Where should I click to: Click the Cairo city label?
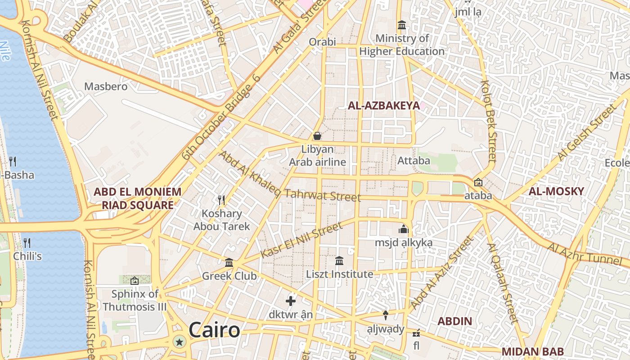coord(214,330)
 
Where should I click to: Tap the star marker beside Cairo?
coord(180,342)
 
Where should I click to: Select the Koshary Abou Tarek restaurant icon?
coord(221,200)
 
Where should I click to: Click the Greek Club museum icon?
coord(229,262)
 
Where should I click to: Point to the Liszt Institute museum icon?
coord(339,261)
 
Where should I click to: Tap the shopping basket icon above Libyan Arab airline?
coord(317,135)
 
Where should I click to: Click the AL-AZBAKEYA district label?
coord(383,106)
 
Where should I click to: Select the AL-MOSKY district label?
coord(556,191)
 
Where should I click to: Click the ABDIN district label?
coord(455,321)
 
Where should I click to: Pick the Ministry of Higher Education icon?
coord(401,25)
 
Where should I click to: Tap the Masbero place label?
coord(106,86)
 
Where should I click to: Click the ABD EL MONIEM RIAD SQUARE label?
coord(137,198)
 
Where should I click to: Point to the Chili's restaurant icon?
coord(27,243)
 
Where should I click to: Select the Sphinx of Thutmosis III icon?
coord(134,281)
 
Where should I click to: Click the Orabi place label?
coord(322,42)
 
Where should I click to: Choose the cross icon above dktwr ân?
coord(291,301)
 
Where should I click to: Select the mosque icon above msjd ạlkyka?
coord(403,229)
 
